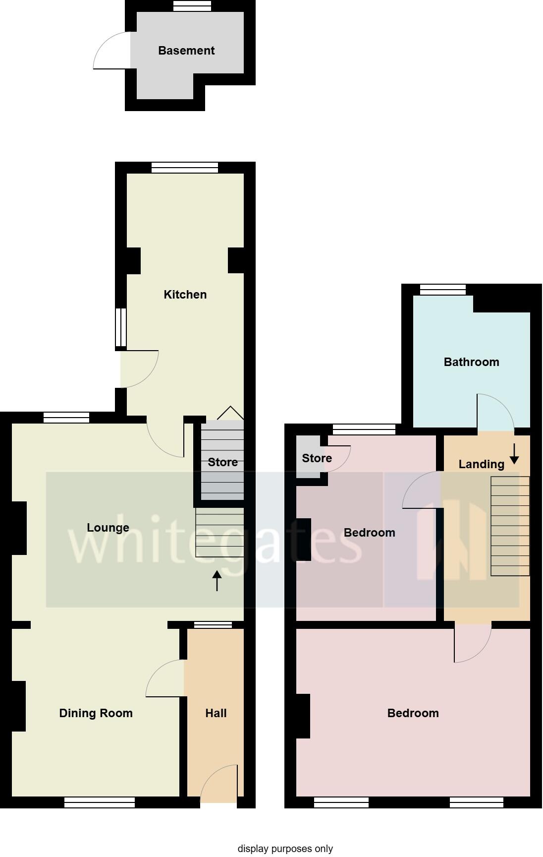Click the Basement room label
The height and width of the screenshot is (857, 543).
point(186,51)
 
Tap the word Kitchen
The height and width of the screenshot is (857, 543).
point(185,295)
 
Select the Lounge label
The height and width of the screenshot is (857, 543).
point(108,528)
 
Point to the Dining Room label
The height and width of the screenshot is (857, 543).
point(96,713)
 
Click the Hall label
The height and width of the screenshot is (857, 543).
point(216,713)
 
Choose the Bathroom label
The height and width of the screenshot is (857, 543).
point(471,362)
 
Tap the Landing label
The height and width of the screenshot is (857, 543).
point(481,464)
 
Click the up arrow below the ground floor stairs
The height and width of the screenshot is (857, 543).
point(217,581)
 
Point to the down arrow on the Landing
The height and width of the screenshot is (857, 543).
point(514,453)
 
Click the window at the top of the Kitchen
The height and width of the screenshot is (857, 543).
point(185,168)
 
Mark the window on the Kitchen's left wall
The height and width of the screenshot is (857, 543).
point(121,327)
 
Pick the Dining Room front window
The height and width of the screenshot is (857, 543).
point(100,802)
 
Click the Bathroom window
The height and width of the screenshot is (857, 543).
point(443,290)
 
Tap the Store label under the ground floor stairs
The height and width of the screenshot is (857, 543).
point(222,462)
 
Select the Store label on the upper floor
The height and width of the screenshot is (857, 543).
point(317,458)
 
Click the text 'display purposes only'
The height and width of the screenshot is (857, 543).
point(285,848)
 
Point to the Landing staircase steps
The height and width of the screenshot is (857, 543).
point(510,526)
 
